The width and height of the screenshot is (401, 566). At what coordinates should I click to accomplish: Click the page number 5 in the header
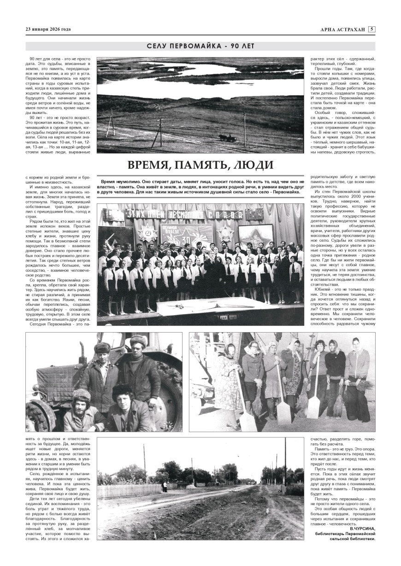point(372,29)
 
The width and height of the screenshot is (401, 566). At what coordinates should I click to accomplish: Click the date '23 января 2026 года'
point(48,30)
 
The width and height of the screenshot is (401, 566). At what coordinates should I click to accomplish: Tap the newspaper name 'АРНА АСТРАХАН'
point(343,30)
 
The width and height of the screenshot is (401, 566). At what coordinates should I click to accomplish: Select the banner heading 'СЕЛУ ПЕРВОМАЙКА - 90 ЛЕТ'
point(200,46)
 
